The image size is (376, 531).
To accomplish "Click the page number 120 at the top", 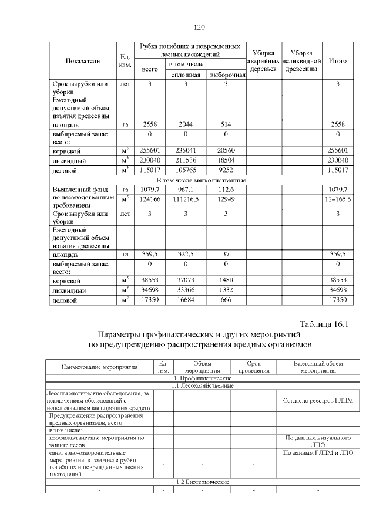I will [x=198, y=27].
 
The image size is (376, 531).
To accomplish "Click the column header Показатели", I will [x=83, y=60].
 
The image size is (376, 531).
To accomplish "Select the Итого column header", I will [x=338, y=60].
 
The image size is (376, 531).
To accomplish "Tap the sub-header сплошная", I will [x=186, y=75].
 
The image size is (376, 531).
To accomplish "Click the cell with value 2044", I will [x=186, y=124].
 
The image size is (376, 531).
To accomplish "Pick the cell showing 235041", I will [x=186, y=151].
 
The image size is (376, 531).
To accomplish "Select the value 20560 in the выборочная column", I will [x=226, y=151].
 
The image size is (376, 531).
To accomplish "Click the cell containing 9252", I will [x=226, y=170].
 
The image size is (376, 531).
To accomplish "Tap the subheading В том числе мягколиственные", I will [x=200, y=180].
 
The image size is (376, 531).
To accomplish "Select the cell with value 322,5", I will [x=186, y=255].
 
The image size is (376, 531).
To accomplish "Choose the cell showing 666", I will [x=226, y=300].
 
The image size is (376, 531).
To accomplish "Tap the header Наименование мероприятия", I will [x=99, y=367].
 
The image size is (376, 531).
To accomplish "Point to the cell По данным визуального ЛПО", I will [x=318, y=441].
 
